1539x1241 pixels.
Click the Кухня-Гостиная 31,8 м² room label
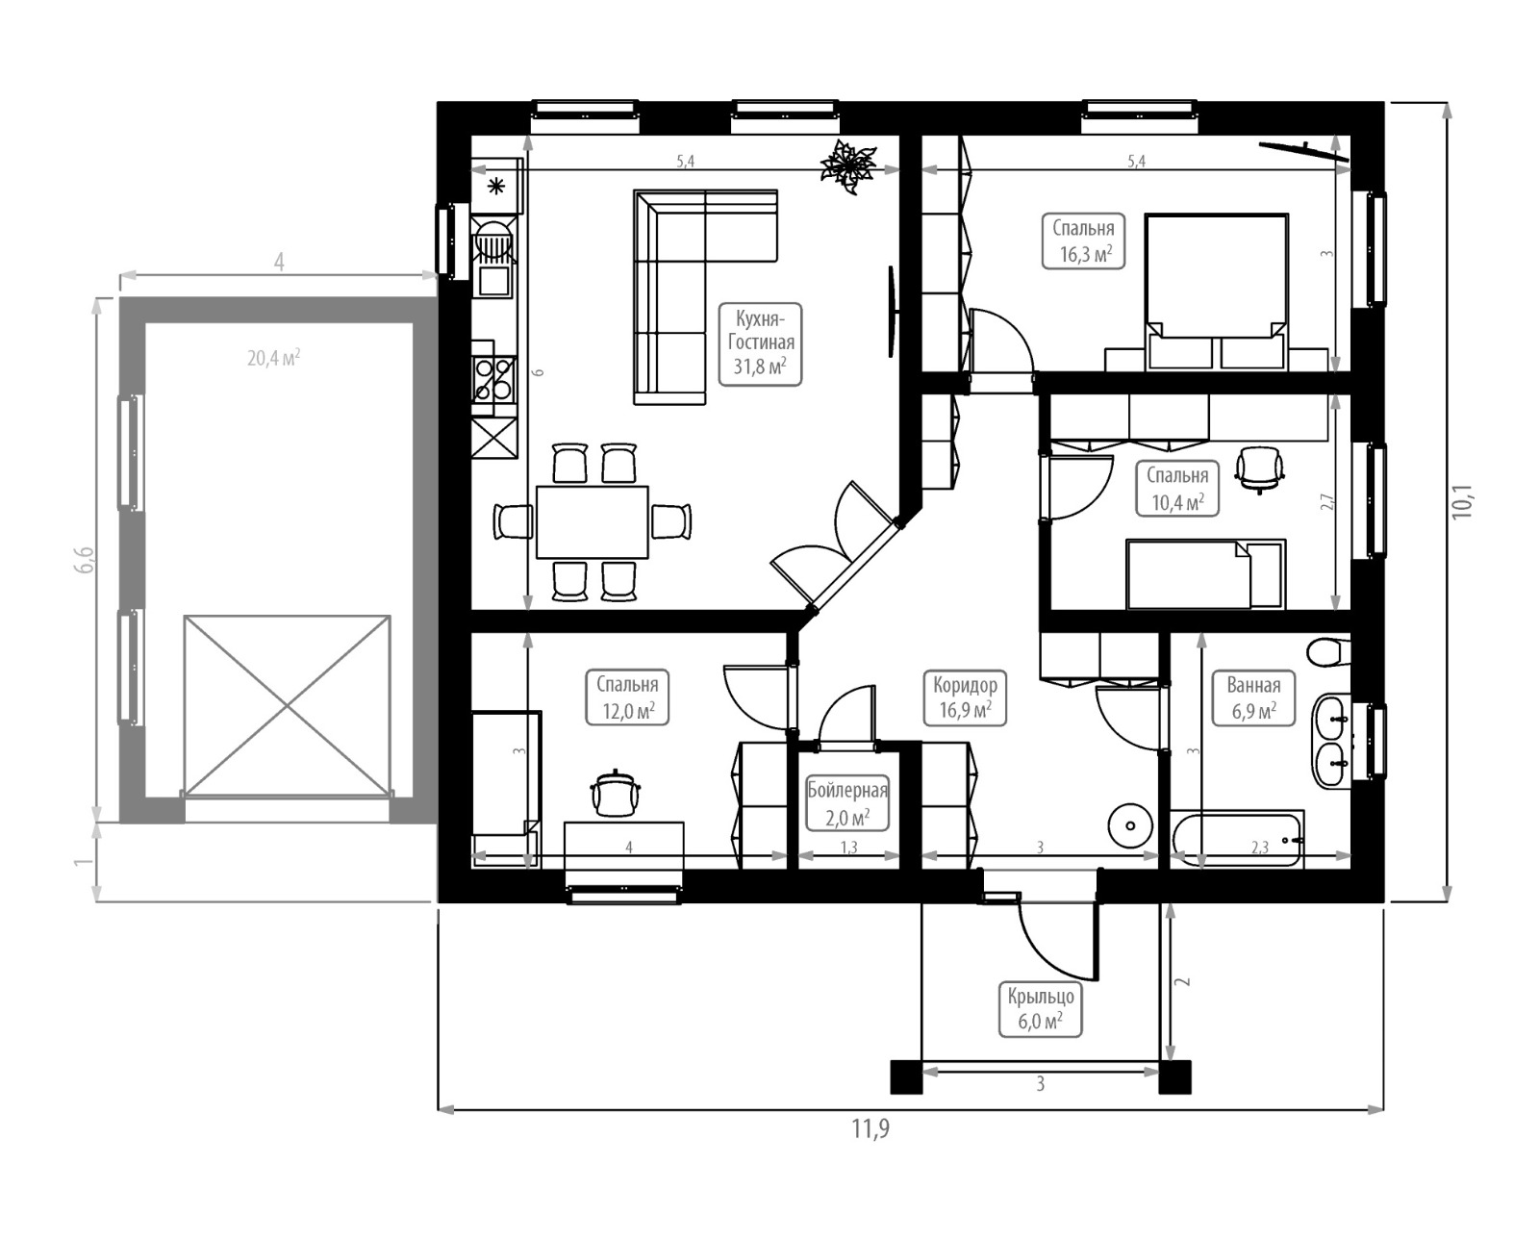point(760,344)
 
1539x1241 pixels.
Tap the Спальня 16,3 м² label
point(1083,241)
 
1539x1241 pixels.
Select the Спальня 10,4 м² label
point(1177,489)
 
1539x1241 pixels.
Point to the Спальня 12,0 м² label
point(627,697)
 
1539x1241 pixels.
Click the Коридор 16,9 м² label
point(965,698)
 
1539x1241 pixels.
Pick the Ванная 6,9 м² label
point(1253,698)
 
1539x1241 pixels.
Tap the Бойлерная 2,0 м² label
point(847,803)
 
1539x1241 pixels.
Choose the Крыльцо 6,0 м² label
point(1041,1009)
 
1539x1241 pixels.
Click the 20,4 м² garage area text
point(274,357)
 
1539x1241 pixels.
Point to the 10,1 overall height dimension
point(1463,501)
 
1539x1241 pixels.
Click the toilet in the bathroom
point(1328,652)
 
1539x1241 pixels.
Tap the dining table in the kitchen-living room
point(593,522)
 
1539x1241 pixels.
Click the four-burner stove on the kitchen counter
point(493,380)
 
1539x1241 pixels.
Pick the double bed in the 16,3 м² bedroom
point(1217,291)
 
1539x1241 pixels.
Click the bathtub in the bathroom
point(1237,839)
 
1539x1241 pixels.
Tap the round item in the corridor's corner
point(1130,825)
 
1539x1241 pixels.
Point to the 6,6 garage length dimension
point(85,559)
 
